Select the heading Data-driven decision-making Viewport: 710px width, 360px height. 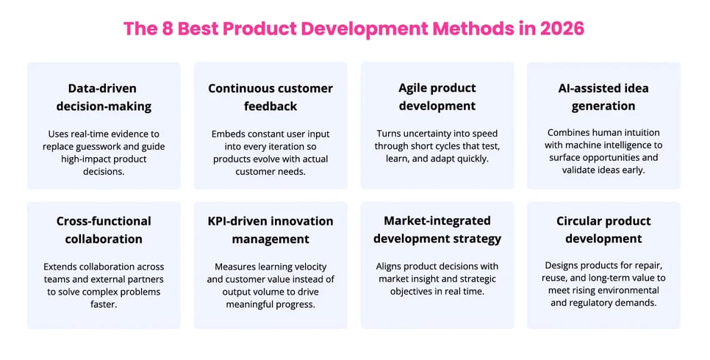click(x=104, y=97)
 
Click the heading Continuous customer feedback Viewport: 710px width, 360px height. click(x=270, y=97)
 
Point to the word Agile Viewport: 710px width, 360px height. click(x=418, y=88)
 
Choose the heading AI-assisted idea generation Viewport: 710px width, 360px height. click(x=603, y=97)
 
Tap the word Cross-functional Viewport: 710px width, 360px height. click(x=104, y=221)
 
